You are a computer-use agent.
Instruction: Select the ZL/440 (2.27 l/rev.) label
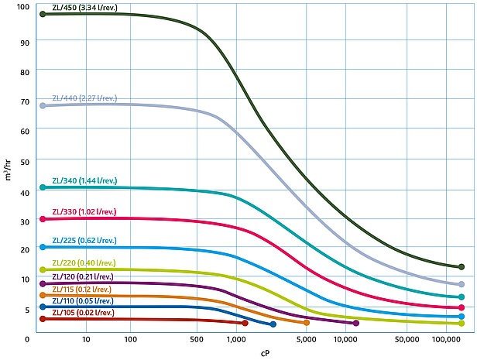[84, 98]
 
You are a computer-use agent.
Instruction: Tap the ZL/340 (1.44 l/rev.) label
[84, 180]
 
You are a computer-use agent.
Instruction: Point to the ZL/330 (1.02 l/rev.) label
[84, 211]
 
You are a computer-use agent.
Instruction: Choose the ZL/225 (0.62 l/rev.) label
[84, 241]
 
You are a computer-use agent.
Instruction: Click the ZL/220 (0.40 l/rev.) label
[84, 263]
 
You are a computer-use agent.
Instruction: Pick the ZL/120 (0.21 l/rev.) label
[84, 276]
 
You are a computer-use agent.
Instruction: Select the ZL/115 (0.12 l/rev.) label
[84, 289]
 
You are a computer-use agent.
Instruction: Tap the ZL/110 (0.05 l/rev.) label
[84, 300]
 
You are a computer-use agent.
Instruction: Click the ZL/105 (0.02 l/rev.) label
[84, 312]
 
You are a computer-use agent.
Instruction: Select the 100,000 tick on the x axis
[447, 338]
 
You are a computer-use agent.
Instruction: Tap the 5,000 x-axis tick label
[307, 338]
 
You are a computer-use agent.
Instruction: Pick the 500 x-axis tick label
[197, 338]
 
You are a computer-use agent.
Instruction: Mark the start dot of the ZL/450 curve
[43, 14]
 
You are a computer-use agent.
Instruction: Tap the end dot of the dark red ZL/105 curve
[245, 323]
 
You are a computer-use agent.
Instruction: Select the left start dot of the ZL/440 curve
[43, 105]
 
